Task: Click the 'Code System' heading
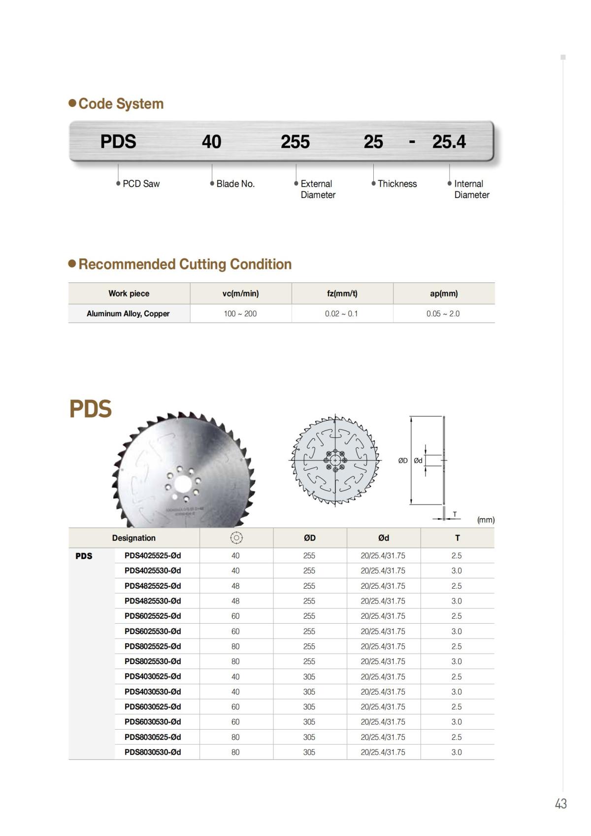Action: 121,104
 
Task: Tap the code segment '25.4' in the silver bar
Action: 449,142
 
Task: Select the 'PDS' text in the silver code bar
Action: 118,142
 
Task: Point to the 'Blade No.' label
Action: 235,184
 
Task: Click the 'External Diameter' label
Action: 318,189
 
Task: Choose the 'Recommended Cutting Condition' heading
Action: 185,264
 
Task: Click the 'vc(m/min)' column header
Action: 240,294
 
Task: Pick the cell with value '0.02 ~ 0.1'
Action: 341,314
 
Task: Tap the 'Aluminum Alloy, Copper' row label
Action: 128,314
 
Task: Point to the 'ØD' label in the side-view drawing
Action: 403,461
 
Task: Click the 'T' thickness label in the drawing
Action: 455,514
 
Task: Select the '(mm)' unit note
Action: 486,520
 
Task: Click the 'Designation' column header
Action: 133,538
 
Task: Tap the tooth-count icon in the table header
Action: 236,538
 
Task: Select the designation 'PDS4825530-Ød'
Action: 153,601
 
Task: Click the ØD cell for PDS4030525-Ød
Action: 309,677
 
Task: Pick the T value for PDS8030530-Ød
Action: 457,752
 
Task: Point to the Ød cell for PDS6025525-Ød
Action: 383,616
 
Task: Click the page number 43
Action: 560,804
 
